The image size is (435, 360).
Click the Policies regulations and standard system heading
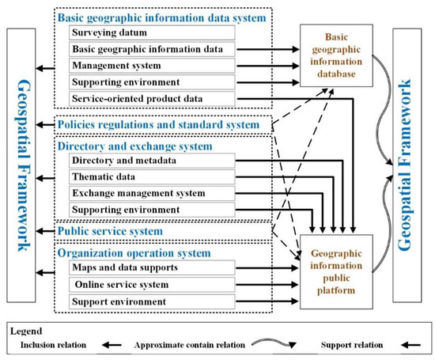point(159,125)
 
